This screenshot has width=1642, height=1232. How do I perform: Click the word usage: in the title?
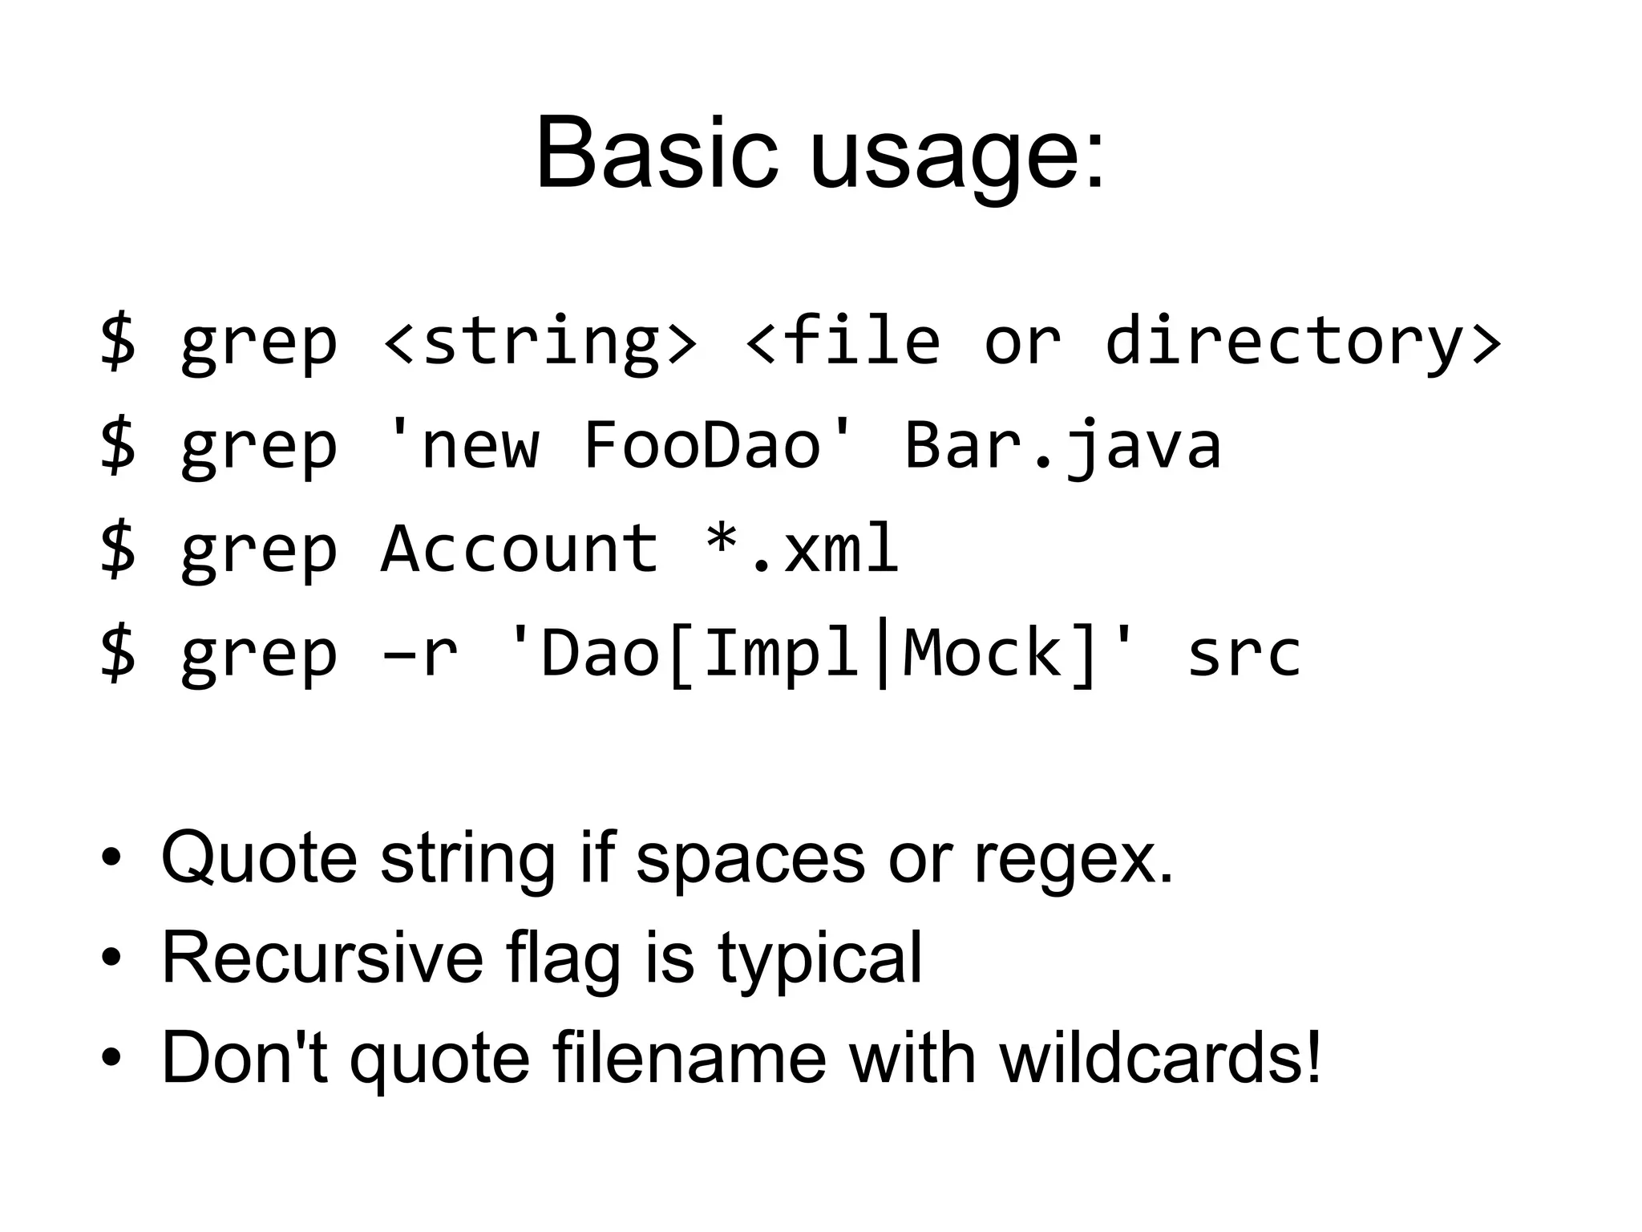pos(957,156)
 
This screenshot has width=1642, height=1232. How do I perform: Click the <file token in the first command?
pos(842,341)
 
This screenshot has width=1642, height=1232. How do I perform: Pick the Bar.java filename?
pos(1063,446)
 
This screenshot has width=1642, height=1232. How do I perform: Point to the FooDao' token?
pos(718,444)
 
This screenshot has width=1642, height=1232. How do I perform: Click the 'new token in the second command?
pos(461,444)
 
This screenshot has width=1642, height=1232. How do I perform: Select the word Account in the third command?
pos(520,549)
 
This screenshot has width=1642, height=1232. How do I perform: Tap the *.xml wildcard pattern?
pos(802,549)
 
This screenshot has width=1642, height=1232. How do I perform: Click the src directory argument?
pos(1244,654)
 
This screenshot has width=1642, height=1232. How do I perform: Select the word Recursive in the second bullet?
pos(322,958)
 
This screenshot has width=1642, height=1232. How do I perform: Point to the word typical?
pos(819,959)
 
